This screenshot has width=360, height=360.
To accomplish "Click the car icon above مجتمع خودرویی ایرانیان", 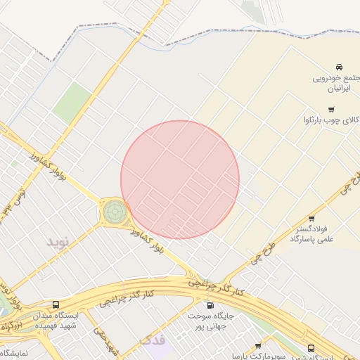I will (x=339, y=65).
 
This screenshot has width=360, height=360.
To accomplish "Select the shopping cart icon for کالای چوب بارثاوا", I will (x=331, y=109).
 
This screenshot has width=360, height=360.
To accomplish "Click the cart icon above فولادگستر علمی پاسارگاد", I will (x=311, y=218).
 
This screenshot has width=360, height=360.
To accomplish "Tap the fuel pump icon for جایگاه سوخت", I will (x=210, y=305).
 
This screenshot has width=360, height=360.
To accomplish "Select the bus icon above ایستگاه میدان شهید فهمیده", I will (x=56, y=304).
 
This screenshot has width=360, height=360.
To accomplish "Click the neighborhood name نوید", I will (x=60, y=242).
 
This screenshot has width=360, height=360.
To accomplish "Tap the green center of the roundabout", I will (x=114, y=210).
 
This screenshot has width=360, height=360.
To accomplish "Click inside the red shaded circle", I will (x=180, y=179).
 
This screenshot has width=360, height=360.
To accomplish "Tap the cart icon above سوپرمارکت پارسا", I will (x=258, y=346).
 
